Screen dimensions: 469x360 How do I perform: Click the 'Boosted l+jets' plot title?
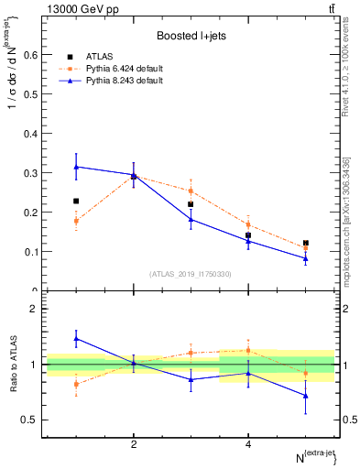(x=190, y=36)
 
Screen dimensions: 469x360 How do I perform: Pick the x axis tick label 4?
(x=248, y=444)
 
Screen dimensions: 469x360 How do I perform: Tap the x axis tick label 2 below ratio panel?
(x=134, y=444)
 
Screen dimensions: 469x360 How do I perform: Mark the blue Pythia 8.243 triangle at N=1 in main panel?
(x=76, y=167)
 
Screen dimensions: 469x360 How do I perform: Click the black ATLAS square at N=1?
(x=76, y=201)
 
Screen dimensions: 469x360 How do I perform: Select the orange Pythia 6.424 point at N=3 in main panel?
(x=191, y=191)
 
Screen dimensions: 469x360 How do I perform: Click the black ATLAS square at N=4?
(x=248, y=235)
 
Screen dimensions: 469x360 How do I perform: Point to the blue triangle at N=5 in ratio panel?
(x=305, y=396)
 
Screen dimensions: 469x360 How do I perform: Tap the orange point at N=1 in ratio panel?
(x=76, y=384)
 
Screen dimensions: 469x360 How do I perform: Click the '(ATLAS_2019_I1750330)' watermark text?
(x=191, y=274)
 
